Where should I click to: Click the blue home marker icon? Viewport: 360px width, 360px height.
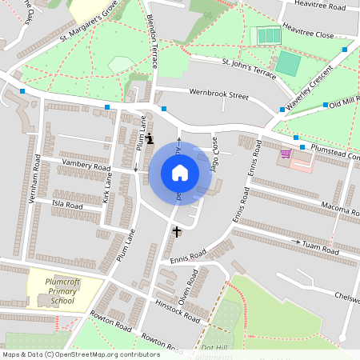(x=180, y=173)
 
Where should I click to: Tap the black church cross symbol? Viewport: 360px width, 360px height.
(x=176, y=231)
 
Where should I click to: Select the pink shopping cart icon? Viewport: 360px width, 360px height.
(x=286, y=153)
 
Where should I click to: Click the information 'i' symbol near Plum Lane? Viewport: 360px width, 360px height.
(x=150, y=138)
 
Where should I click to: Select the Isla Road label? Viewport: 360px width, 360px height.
(x=67, y=205)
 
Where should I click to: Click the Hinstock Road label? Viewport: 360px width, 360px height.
(x=178, y=312)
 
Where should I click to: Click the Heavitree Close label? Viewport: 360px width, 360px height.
(x=314, y=34)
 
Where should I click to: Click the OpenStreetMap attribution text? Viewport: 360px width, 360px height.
(x=80, y=354)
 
